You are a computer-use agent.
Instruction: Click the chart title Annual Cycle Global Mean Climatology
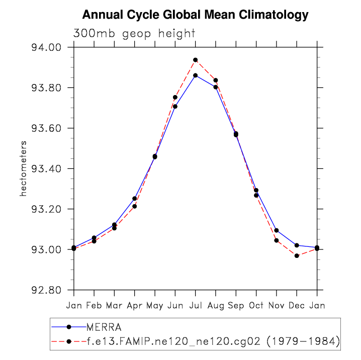click(195, 15)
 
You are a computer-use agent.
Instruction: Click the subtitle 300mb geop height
click(134, 34)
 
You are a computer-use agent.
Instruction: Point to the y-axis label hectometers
click(23, 168)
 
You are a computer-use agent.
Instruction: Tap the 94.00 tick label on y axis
click(46, 48)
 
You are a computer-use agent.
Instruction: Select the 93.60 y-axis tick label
click(46, 129)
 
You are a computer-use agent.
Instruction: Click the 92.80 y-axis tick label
click(46, 291)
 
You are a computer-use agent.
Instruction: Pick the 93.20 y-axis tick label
click(46, 210)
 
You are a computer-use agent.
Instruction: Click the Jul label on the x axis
click(195, 305)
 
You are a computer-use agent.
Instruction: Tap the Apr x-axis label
click(134, 305)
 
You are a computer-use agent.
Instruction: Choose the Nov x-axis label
click(277, 305)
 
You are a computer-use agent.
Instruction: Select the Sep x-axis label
click(236, 305)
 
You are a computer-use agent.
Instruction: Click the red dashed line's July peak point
click(196, 60)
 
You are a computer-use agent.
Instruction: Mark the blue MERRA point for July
click(196, 75)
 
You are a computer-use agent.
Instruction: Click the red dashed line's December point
click(297, 256)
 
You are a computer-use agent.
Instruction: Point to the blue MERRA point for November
click(277, 230)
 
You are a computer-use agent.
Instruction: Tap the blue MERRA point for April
click(135, 198)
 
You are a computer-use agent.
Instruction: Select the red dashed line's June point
click(175, 97)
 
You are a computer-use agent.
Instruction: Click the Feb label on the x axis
click(94, 305)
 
